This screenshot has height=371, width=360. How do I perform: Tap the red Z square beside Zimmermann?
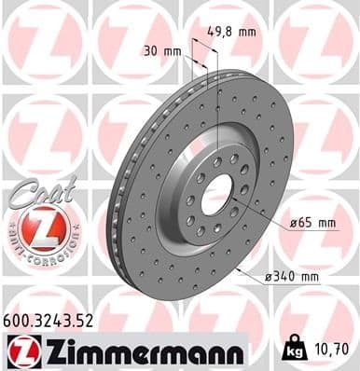pos(20,351)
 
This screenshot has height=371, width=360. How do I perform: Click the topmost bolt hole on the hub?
pos(217,162)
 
